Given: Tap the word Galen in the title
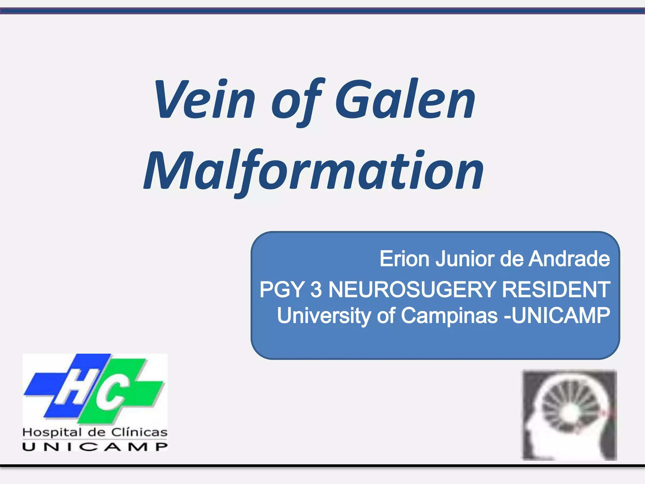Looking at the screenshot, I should point(405,99).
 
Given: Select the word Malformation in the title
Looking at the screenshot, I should point(313,172).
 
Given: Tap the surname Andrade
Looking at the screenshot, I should point(569,259).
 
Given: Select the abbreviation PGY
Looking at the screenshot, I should point(282,289).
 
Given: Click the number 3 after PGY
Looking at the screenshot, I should point(316,289).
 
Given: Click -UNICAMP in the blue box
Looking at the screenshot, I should point(557,315).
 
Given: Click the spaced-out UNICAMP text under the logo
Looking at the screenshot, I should point(95,447).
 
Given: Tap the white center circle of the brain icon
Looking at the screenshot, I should point(570,412).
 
